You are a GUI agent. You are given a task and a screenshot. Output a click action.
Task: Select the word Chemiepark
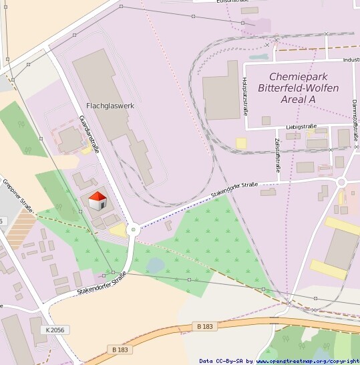pyautogui.click(x=299, y=77)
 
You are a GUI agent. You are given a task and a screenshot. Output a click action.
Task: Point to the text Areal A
pyautogui.click(x=292, y=100)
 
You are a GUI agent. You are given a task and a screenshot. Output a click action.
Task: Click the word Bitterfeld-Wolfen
pyautogui.click(x=299, y=88)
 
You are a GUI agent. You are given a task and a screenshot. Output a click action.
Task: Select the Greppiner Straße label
pyautogui.click(x=18, y=194)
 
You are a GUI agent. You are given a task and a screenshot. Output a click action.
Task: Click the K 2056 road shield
pyautogui.click(x=56, y=330)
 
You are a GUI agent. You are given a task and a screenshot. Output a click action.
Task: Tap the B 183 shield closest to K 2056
pyautogui.click(x=120, y=350)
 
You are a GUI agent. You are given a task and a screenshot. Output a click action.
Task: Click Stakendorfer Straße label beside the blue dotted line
pyautogui.click(x=234, y=189)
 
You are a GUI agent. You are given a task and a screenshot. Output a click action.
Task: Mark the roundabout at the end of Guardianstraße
pyautogui.click(x=134, y=229)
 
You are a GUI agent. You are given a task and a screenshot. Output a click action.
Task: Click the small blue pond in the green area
pyautogui.click(x=155, y=265)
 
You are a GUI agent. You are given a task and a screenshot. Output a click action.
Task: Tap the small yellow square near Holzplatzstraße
pyautogui.click(x=240, y=142)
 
